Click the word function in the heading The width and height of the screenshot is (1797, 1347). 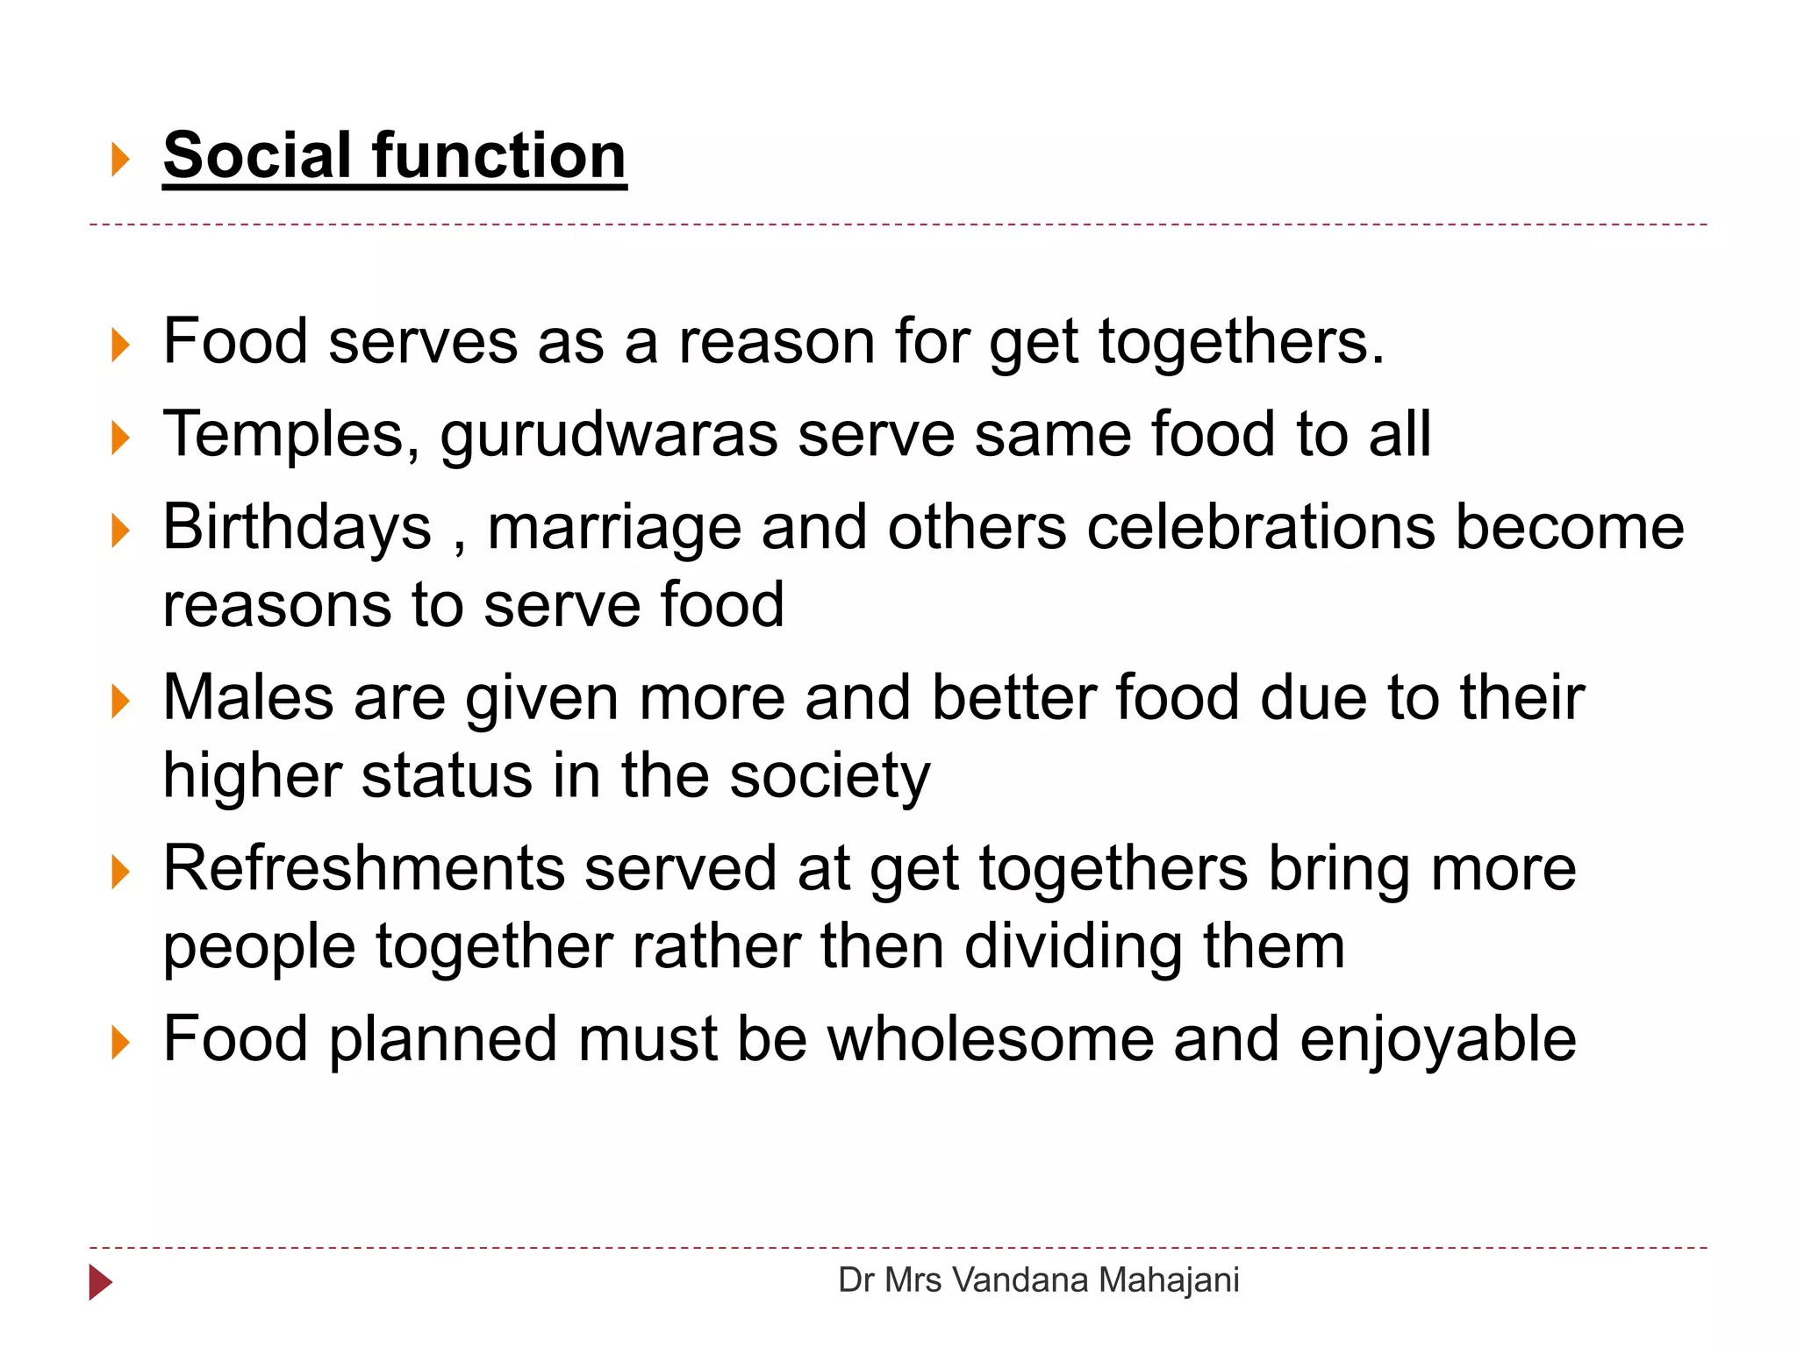[x=499, y=156]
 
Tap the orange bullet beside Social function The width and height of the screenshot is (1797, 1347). [x=120, y=160]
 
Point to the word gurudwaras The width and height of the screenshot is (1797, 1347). [x=608, y=436]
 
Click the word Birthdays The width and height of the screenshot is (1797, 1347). [x=297, y=528]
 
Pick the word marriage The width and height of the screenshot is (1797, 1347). [x=614, y=530]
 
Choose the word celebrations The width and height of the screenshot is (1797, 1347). [x=1261, y=528]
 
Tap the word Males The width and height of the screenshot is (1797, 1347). [x=248, y=698]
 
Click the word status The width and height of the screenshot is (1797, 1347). [x=447, y=776]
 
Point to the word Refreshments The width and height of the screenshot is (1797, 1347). [x=364, y=869]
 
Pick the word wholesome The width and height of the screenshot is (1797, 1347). [x=991, y=1039]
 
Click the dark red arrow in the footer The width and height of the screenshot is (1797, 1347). [x=100, y=1282]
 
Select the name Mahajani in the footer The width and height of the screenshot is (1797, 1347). [x=1168, y=1280]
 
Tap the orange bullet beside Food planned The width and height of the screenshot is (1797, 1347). [x=120, y=1043]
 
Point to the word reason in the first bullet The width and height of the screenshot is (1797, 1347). [x=777, y=341]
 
